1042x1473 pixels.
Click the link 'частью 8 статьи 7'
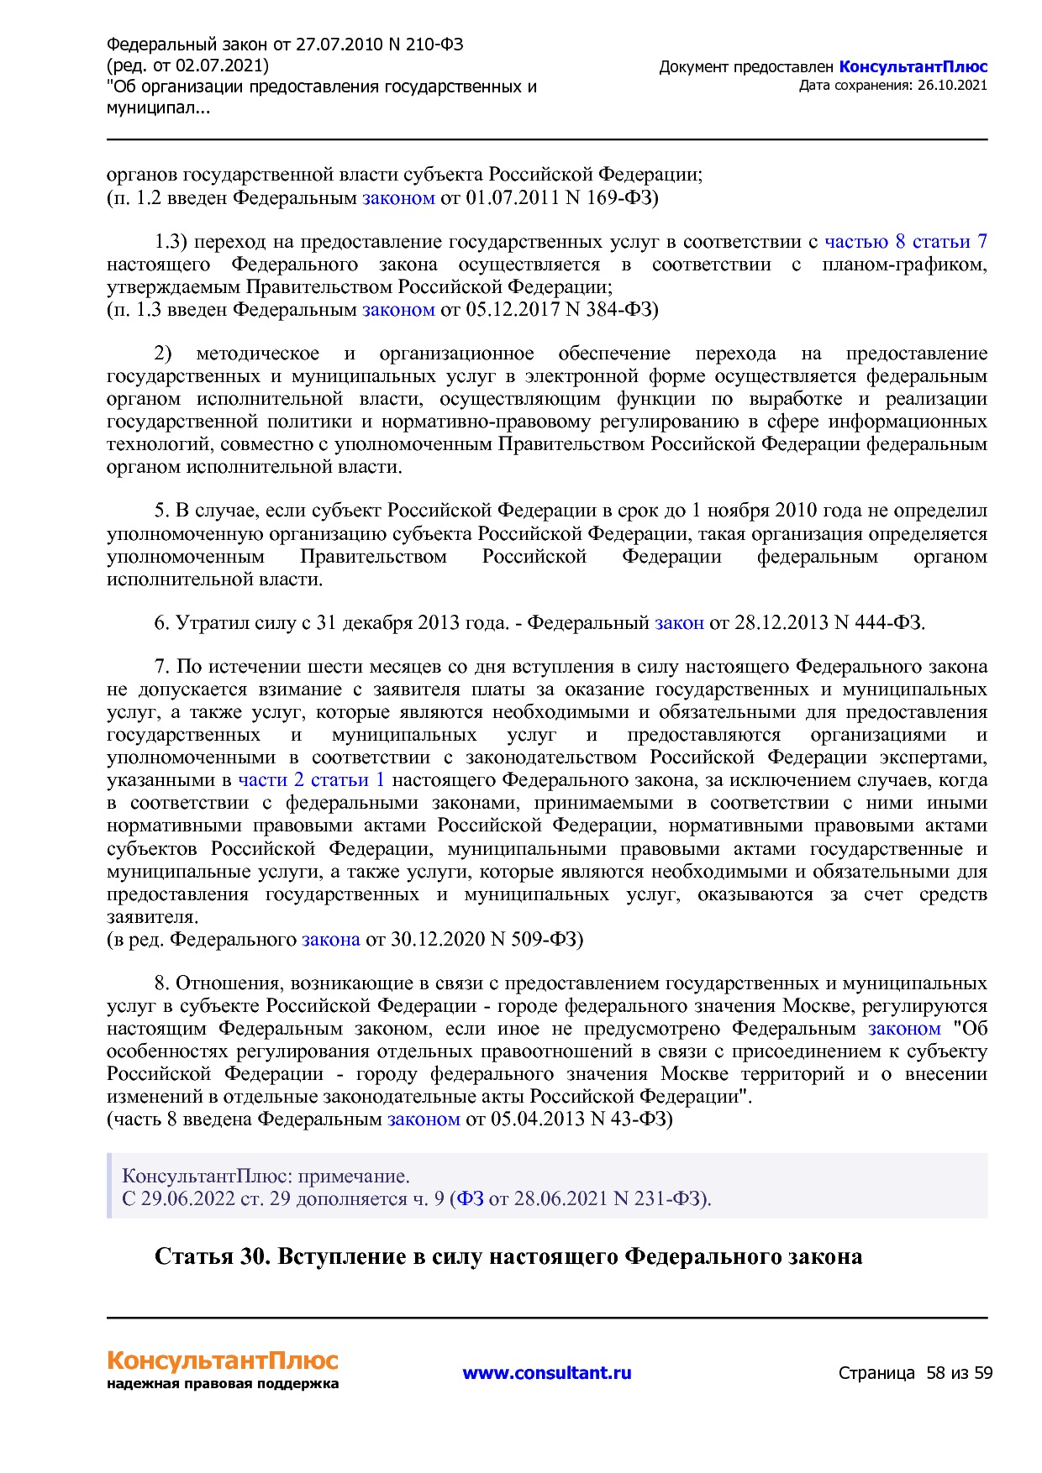(905, 242)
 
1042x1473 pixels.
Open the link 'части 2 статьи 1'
(311, 780)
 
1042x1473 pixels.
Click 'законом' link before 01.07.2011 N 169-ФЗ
(398, 198)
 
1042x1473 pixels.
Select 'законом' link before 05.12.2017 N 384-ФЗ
(398, 310)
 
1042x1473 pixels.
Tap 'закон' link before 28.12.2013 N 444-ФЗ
(679, 623)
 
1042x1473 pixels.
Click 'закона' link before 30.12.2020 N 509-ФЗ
(330, 939)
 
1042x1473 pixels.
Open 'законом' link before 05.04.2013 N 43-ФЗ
(424, 1119)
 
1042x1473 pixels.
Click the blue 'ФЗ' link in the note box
(470, 1198)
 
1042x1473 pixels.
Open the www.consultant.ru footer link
(547, 1373)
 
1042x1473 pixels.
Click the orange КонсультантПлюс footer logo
(223, 1361)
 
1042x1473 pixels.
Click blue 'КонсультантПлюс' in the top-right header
(913, 67)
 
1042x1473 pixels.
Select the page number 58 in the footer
(935, 1373)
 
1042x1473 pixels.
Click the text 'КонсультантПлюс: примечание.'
(266, 1176)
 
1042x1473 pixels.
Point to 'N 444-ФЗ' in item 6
(877, 623)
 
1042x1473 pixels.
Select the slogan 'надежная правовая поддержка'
(223, 1384)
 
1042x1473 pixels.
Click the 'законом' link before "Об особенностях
(904, 1029)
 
